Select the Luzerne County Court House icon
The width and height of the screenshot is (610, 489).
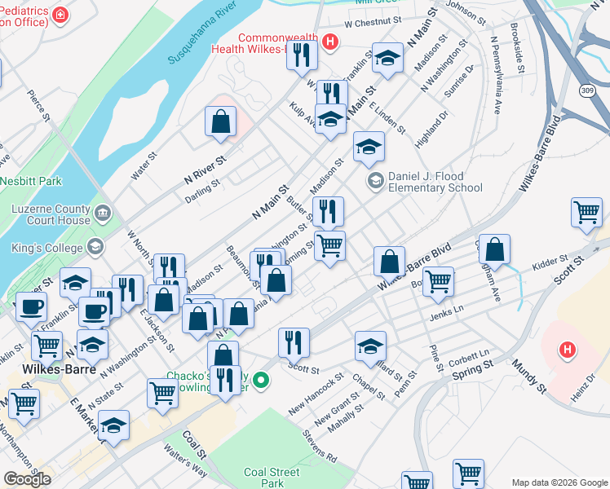click(104, 214)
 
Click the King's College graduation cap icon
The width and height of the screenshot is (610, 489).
click(96, 246)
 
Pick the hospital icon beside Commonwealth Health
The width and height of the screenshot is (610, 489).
click(329, 43)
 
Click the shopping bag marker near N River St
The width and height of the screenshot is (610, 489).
click(220, 122)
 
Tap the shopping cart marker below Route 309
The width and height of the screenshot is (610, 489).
click(586, 213)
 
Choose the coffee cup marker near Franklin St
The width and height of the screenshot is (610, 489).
click(31, 307)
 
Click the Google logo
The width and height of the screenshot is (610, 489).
click(27, 479)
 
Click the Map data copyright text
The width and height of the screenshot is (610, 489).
click(559, 482)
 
